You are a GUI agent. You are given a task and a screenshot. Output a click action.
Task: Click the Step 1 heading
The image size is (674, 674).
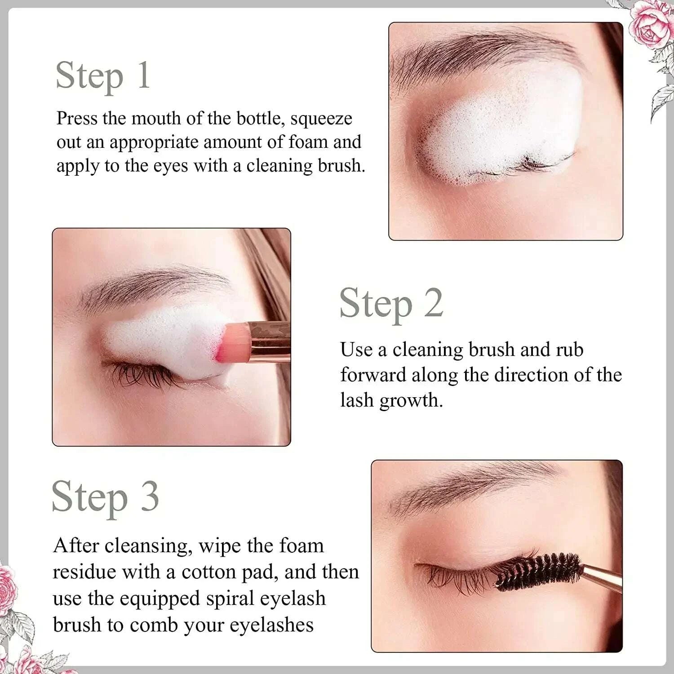(103, 76)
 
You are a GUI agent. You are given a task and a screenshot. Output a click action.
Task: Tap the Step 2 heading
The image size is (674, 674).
(391, 304)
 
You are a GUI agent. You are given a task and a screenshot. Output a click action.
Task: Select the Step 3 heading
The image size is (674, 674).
(105, 497)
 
